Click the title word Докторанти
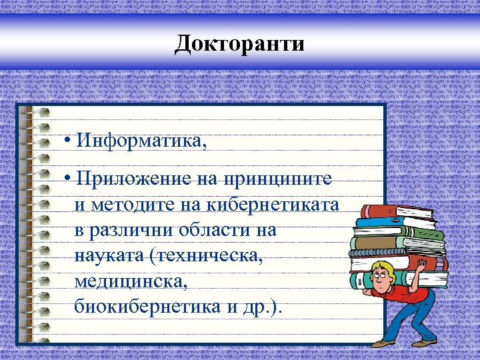[x=239, y=44]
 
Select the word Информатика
[x=141, y=141]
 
